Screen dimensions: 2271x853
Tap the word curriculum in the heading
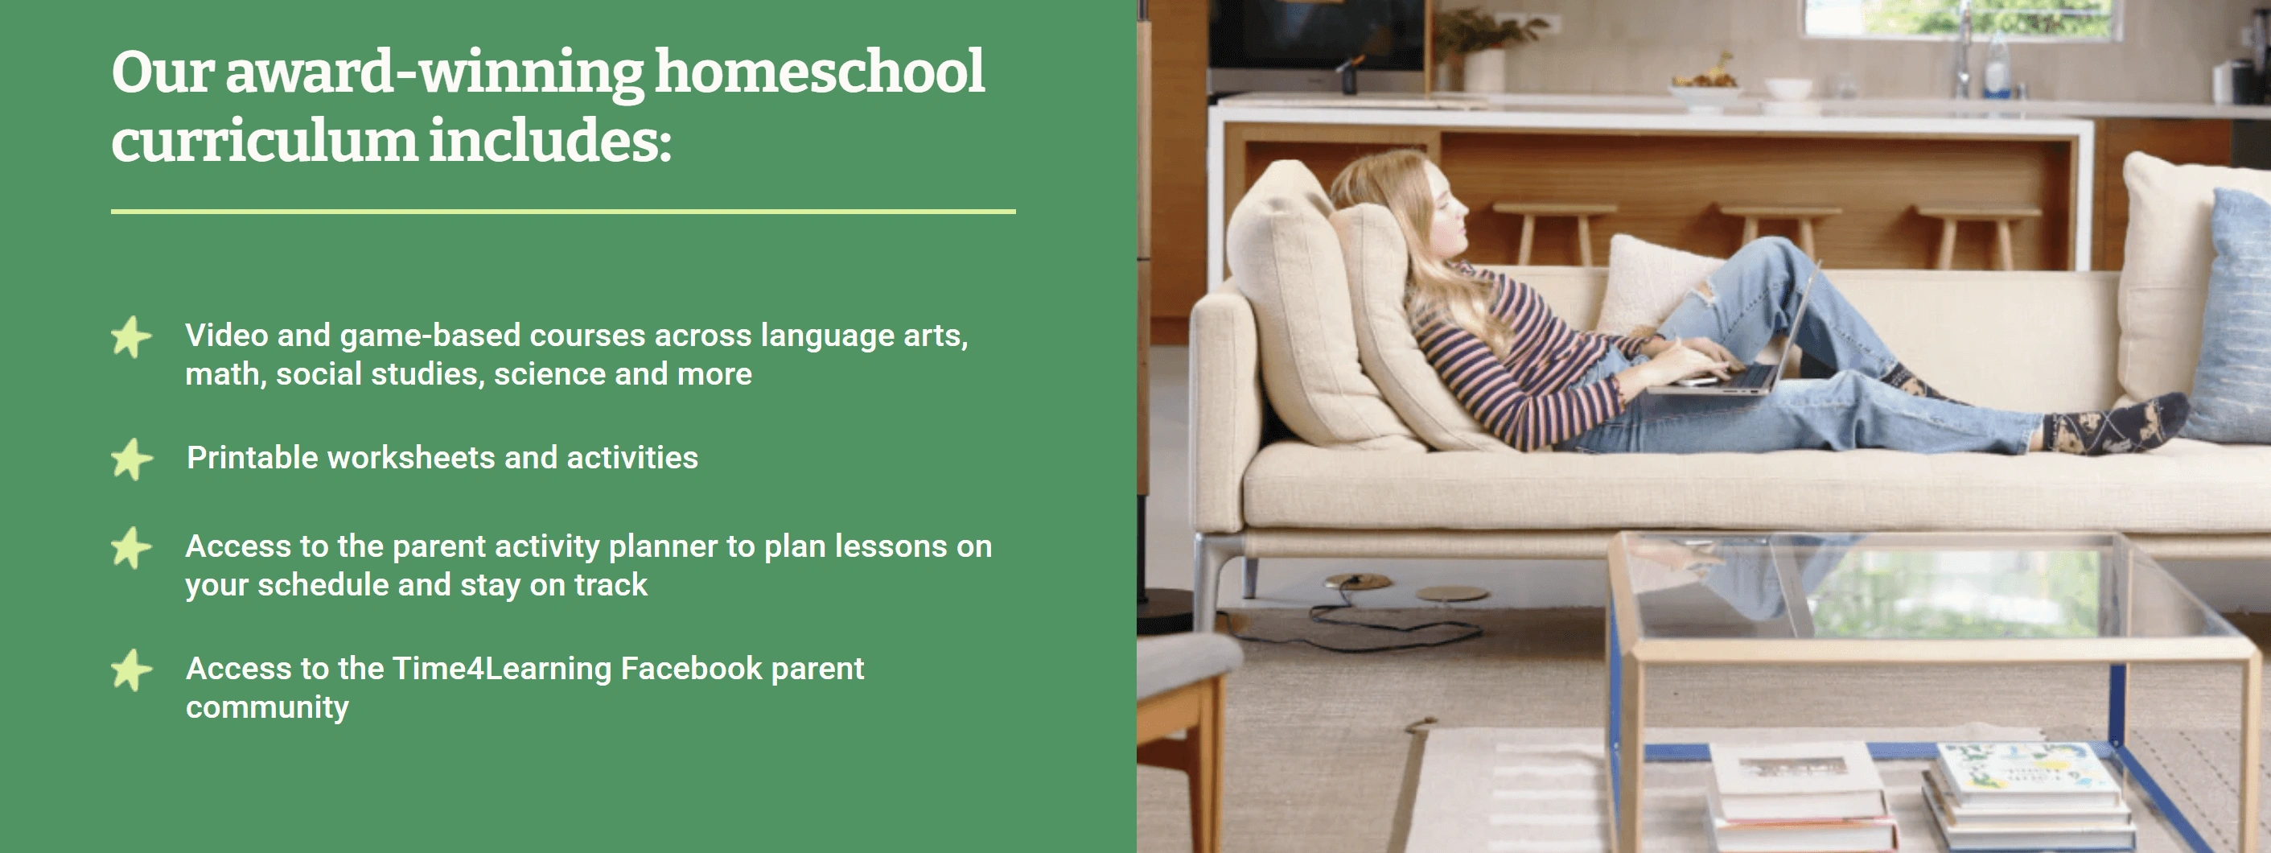click(x=265, y=141)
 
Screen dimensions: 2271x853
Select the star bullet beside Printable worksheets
click(x=132, y=459)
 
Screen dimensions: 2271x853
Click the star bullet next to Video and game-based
click(x=132, y=337)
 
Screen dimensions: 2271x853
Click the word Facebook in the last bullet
click(x=691, y=668)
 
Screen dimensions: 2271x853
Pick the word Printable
click(x=252, y=457)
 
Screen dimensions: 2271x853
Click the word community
click(x=267, y=707)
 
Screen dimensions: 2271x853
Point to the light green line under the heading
click(x=563, y=212)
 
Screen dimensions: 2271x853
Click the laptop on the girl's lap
click(x=1728, y=344)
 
